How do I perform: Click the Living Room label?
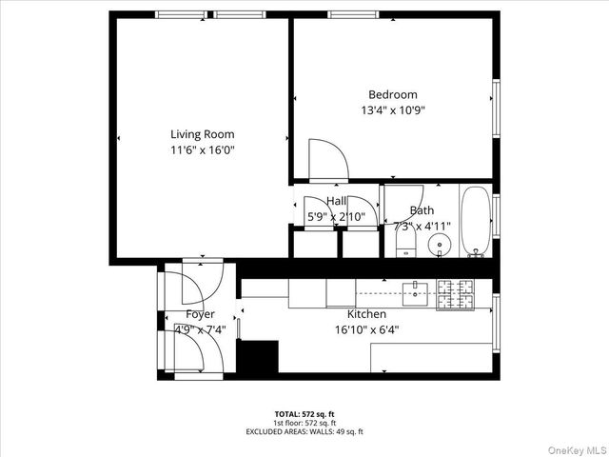coord(202,134)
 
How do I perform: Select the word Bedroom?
coord(393,94)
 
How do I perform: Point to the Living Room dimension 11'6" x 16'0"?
coord(202,149)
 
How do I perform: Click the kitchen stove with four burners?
coord(455,295)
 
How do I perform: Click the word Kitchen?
coord(366,314)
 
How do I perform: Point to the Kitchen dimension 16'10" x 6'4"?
coord(366,330)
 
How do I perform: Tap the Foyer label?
coord(200,314)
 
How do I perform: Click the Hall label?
coord(336,201)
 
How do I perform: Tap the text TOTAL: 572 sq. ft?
coord(304,414)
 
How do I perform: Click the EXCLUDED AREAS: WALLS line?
coord(304,431)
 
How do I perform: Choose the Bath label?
coord(422,210)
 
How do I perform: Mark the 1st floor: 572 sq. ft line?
coord(304,423)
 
